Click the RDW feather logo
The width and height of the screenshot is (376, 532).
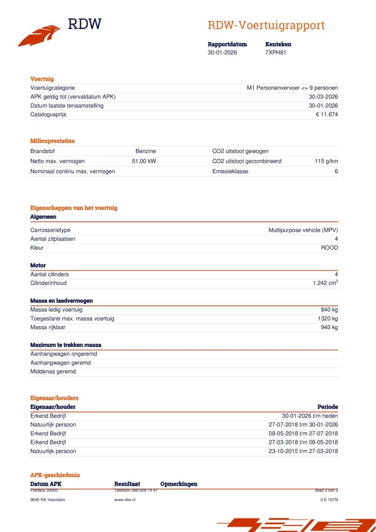40,36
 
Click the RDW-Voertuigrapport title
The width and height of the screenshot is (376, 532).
266,25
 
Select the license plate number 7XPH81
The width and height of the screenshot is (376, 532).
275,52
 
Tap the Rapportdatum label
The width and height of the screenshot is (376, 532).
227,44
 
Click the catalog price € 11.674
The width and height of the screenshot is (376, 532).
327,114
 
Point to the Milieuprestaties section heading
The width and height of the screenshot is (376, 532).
52,141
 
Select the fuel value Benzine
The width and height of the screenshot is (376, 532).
146,151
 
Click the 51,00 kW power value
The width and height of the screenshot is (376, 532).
144,161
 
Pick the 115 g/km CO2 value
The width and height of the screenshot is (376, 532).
326,161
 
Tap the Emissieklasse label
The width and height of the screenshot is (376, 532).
230,171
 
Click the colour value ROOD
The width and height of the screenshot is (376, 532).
329,248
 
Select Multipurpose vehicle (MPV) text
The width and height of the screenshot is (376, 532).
303,230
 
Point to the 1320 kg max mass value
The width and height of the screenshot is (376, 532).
328,318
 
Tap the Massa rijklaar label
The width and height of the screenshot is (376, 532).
48,327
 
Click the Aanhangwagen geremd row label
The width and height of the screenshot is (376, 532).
60,363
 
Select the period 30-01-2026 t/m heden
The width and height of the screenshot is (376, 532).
310,416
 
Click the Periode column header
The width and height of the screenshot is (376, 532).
327,407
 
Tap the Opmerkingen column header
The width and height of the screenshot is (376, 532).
178,484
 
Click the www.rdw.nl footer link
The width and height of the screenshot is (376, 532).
124,500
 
